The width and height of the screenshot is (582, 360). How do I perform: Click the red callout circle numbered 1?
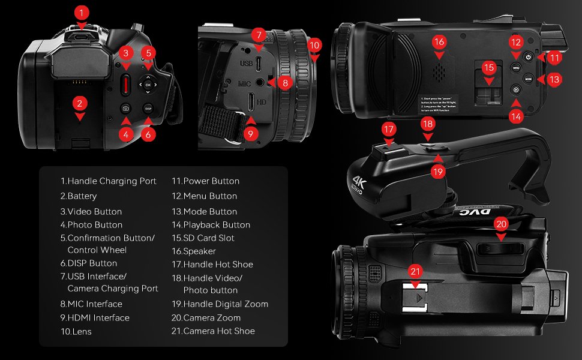(x=83, y=12)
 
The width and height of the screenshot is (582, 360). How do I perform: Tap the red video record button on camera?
(x=125, y=84)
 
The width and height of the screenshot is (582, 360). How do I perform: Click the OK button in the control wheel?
(x=148, y=85)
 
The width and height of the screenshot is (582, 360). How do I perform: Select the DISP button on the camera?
(x=148, y=109)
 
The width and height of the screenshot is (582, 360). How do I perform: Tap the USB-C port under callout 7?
(x=258, y=62)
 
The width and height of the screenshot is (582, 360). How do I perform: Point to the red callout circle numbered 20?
(x=502, y=224)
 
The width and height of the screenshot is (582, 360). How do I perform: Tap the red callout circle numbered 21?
(x=415, y=271)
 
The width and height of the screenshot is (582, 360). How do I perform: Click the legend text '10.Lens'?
(x=76, y=331)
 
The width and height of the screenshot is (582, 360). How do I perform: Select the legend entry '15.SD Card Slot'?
(x=203, y=238)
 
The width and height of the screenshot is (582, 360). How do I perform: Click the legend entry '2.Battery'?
(x=79, y=196)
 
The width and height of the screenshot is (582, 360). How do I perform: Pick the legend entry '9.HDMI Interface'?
(x=95, y=318)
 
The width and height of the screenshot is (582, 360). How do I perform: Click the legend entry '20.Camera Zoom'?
(x=206, y=318)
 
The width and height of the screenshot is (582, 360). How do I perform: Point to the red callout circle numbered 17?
(x=389, y=129)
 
